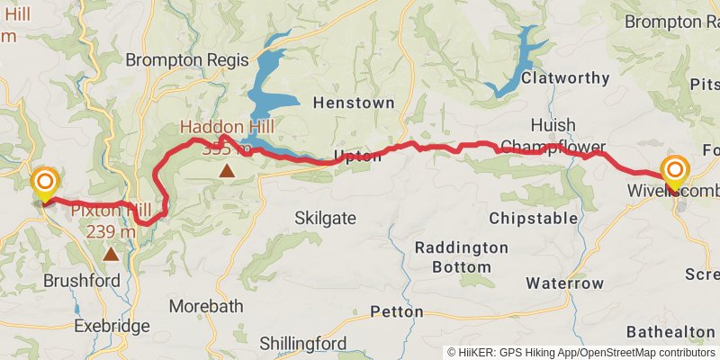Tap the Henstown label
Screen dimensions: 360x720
[x=354, y=103]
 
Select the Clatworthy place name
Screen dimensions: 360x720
[x=565, y=78]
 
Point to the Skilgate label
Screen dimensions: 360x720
[x=325, y=218]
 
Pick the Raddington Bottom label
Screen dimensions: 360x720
[x=462, y=256]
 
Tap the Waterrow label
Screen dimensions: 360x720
[x=565, y=283]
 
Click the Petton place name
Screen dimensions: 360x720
[x=397, y=311]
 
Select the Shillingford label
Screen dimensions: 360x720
[x=303, y=343]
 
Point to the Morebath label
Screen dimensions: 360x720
[x=206, y=306]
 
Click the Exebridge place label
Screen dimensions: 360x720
[x=111, y=325]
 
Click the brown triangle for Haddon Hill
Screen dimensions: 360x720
[x=228, y=169]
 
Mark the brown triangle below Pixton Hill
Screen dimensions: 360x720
[x=111, y=254]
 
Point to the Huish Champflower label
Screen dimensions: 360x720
[x=553, y=136]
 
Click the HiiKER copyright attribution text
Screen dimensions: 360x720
[x=581, y=353]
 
